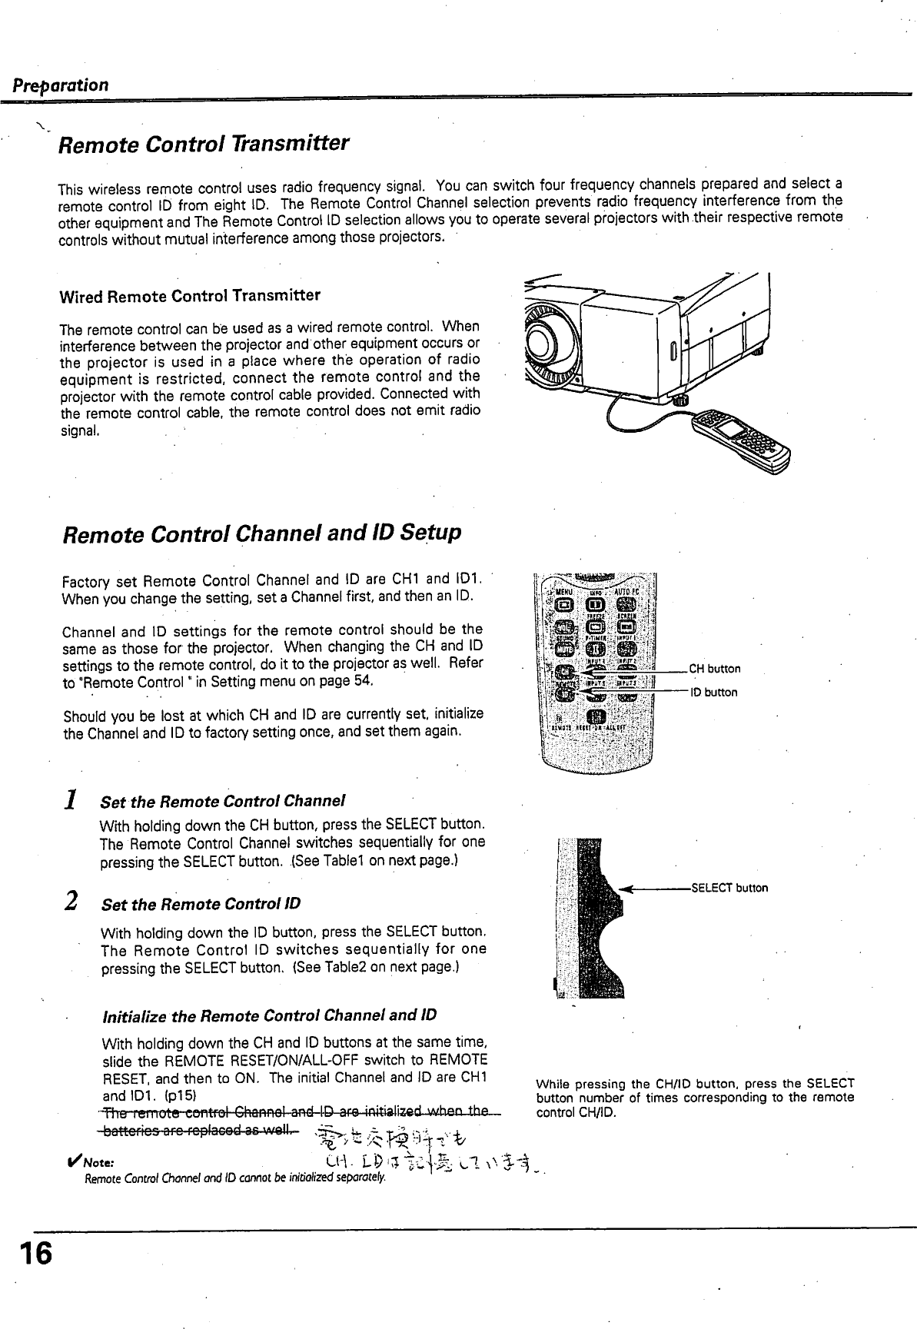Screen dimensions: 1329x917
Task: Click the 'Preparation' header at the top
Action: coord(60,85)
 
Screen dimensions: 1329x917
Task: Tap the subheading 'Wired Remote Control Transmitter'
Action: coord(190,296)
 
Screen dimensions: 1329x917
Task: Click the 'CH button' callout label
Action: coord(714,669)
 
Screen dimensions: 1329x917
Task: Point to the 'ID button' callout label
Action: coord(713,693)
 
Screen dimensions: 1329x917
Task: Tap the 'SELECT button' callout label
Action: coord(729,889)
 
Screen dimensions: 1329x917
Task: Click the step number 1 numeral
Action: coord(70,801)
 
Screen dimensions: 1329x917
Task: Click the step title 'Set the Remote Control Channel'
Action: coord(223,802)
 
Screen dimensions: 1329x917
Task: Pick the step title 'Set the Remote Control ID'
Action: coord(201,904)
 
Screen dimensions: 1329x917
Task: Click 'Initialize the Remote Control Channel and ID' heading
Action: coord(269,1016)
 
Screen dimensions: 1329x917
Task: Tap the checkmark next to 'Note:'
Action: coord(75,1161)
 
